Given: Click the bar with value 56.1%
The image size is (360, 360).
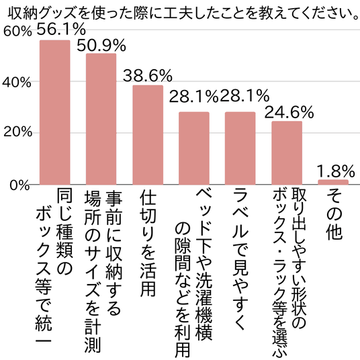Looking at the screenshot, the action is (x=55, y=112).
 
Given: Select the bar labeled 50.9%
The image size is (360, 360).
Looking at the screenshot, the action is (x=101, y=119).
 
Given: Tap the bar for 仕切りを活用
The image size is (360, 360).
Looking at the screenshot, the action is (x=148, y=135).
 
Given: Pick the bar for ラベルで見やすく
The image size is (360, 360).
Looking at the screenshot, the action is (x=240, y=148).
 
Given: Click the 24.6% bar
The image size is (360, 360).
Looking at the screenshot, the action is (x=287, y=153).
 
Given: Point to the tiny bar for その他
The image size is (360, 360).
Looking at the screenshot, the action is (x=333, y=182).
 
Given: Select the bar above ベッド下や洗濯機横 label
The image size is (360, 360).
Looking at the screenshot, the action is (x=194, y=148).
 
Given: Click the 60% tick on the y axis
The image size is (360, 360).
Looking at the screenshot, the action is (x=17, y=31).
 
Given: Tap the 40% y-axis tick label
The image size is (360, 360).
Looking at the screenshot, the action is (x=17, y=82).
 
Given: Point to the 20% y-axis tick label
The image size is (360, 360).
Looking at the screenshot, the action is (x=17, y=132).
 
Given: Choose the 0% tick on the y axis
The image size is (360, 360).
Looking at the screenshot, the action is (x=19, y=185).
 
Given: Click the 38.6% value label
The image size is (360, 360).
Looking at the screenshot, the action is (x=148, y=75).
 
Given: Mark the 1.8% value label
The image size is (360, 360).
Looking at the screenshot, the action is (x=335, y=171).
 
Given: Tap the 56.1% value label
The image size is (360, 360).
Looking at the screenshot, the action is (x=61, y=29).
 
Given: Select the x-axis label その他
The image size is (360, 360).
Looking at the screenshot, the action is (x=334, y=214).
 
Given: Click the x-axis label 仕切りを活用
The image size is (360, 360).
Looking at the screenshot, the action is (x=148, y=243).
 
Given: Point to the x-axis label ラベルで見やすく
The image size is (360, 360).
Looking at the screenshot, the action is (x=240, y=260).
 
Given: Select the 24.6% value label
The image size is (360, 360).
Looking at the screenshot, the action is (x=289, y=112).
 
